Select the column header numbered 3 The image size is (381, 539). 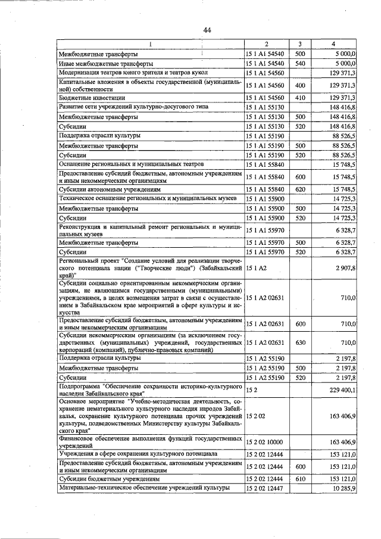(x=300, y=44)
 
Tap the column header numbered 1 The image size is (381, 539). (x=150, y=44)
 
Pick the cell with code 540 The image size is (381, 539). (x=300, y=63)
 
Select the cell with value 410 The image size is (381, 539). (x=300, y=97)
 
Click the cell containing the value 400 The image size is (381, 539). (x=300, y=85)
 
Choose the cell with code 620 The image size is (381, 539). (x=300, y=189)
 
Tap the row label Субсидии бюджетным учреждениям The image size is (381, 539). (x=105, y=478)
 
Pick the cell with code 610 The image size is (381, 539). (x=300, y=478)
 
